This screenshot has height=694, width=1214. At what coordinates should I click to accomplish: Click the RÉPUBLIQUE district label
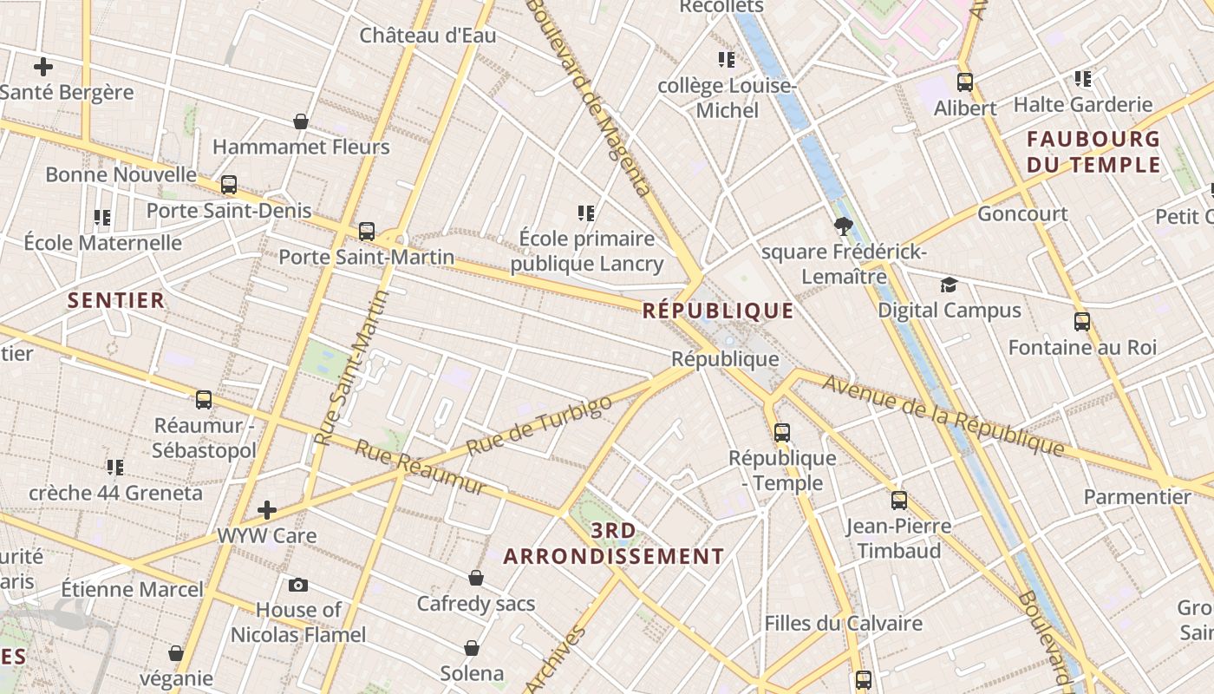(x=718, y=311)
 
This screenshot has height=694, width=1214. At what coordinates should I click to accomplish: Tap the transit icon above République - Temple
(x=782, y=432)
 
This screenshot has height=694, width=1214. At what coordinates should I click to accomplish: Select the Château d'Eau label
(x=428, y=36)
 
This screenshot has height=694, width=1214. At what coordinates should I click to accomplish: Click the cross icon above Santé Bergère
(x=42, y=66)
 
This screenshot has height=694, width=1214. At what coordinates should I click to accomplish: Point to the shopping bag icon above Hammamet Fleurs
(x=301, y=121)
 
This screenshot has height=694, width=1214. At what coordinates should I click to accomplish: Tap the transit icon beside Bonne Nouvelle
(x=229, y=184)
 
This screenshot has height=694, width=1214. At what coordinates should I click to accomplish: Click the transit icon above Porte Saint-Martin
(x=367, y=232)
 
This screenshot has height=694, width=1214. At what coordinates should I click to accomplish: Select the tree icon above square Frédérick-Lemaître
(x=842, y=227)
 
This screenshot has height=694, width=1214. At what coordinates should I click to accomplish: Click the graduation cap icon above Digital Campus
(x=950, y=285)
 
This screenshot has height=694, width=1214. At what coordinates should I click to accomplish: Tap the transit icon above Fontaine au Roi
(x=1082, y=322)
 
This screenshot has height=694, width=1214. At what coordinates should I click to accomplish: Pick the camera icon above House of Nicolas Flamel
(x=298, y=585)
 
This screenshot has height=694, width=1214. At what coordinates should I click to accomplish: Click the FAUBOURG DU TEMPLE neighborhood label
(x=1093, y=152)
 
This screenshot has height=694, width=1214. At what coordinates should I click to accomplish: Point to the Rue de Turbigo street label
(x=539, y=425)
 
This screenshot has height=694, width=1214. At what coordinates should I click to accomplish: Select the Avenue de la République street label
(x=943, y=415)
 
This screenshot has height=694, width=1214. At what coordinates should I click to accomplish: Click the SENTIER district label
(x=116, y=300)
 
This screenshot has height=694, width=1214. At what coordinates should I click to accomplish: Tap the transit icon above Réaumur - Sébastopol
(x=204, y=400)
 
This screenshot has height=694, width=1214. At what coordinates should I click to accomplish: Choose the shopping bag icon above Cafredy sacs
(x=475, y=578)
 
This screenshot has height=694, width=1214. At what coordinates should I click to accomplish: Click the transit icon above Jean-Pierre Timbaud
(x=899, y=501)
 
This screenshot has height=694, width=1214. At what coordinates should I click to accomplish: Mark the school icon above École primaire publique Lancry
(x=586, y=213)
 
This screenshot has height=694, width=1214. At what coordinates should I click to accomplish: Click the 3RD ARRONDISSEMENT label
(x=614, y=543)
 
